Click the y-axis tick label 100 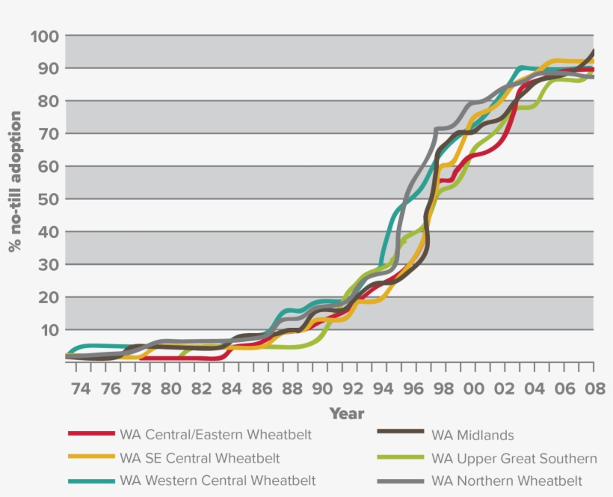coord(44,36)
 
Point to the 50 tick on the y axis coord(48,199)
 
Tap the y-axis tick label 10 coord(48,330)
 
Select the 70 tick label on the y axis coord(48,134)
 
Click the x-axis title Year coord(347,414)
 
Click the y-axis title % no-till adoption coord(15,181)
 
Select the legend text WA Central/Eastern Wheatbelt coord(215,435)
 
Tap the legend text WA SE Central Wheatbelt coord(200,457)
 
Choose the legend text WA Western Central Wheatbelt coord(218,481)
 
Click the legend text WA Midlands coord(472,435)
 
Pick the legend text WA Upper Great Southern coord(514,457)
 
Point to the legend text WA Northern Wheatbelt coord(507,481)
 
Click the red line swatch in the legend coord(90,434)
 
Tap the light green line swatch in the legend coord(401,457)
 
